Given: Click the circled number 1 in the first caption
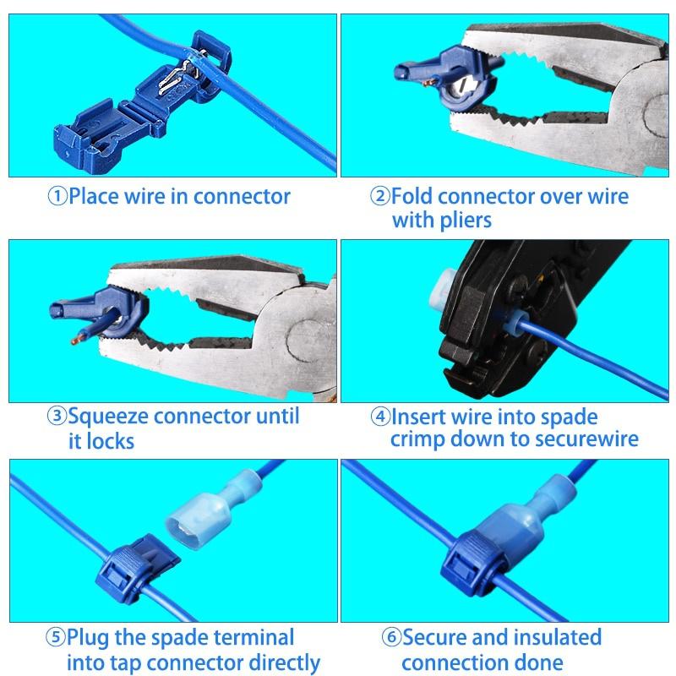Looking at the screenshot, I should tap(57, 197).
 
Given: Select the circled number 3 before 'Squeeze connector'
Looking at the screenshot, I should tap(57, 417).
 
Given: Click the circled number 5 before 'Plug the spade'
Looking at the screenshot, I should tap(57, 636).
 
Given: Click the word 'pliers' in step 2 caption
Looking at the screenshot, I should tap(464, 221).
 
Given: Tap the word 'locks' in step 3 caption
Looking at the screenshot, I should tap(110, 441).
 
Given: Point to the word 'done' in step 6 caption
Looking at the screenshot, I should tap(540, 662).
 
